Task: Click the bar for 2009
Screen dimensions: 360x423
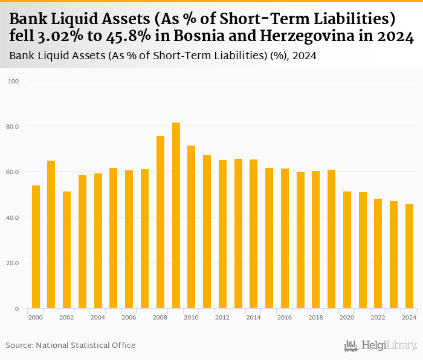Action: [176, 216]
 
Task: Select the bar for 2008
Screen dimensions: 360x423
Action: [160, 222]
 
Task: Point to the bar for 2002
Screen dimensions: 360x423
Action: [66, 250]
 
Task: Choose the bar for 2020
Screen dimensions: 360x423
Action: [347, 250]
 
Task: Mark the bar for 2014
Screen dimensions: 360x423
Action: [254, 234]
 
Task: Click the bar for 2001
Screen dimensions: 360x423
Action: [51, 234]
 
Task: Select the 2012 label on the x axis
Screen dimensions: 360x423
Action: [222, 317]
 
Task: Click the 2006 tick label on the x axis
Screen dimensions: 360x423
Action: [129, 317]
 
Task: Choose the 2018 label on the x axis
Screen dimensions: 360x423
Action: [315, 317]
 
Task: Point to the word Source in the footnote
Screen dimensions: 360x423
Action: [19, 345]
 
